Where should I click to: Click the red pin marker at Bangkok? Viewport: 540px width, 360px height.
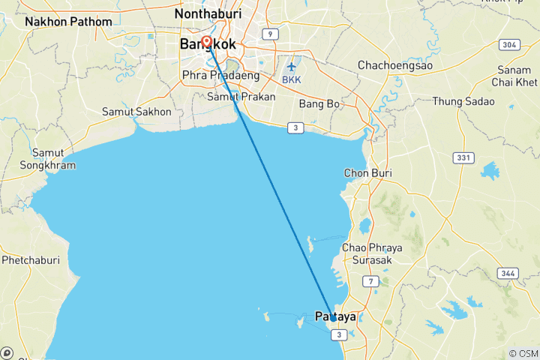(206, 43)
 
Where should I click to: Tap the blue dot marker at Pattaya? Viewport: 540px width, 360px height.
(333, 318)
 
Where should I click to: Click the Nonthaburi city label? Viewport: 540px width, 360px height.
(206, 13)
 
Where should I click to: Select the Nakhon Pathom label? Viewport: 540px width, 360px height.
(68, 22)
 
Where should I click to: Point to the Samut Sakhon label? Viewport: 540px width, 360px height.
(136, 112)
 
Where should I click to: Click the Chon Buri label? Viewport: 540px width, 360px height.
(368, 173)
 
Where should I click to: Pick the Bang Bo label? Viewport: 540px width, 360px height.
(319, 103)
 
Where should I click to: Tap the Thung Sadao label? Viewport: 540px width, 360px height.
(463, 101)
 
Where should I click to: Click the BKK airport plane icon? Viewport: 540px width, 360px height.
(292, 67)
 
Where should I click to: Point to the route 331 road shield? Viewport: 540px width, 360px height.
(463, 157)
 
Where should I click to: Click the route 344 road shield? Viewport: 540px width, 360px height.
(507, 273)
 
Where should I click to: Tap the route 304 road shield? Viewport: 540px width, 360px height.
(509, 45)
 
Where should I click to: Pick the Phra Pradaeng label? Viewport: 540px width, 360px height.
(221, 75)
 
